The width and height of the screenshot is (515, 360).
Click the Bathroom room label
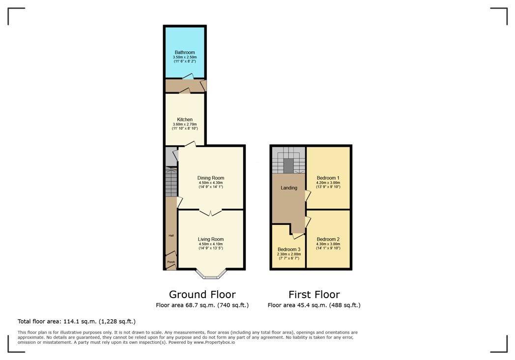[x=185, y=53]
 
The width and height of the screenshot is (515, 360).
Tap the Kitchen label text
[x=185, y=119]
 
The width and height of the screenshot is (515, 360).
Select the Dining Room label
[x=211, y=178]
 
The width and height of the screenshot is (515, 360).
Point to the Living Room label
[x=211, y=239]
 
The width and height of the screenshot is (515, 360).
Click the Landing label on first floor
[x=288, y=188]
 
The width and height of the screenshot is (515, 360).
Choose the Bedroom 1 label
[x=328, y=178]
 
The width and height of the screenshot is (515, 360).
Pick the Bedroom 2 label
[x=328, y=239]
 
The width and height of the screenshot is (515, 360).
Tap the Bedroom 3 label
[x=289, y=249]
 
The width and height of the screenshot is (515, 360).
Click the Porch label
[x=171, y=262]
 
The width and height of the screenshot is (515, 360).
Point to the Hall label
[x=171, y=236]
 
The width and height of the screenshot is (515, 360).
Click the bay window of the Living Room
[x=211, y=274]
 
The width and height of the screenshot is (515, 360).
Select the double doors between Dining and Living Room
[x=211, y=212]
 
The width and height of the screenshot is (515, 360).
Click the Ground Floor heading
[x=202, y=295]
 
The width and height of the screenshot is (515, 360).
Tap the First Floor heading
[x=314, y=295]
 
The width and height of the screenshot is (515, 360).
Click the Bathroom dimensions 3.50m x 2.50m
[x=185, y=57]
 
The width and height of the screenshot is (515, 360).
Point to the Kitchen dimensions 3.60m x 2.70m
[x=185, y=124]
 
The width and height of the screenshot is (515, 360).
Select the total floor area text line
[x=77, y=322]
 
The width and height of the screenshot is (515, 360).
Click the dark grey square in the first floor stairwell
[x=288, y=165]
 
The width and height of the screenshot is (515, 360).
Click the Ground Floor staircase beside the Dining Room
[x=171, y=183]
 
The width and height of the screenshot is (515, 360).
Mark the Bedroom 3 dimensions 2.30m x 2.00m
[x=289, y=254]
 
